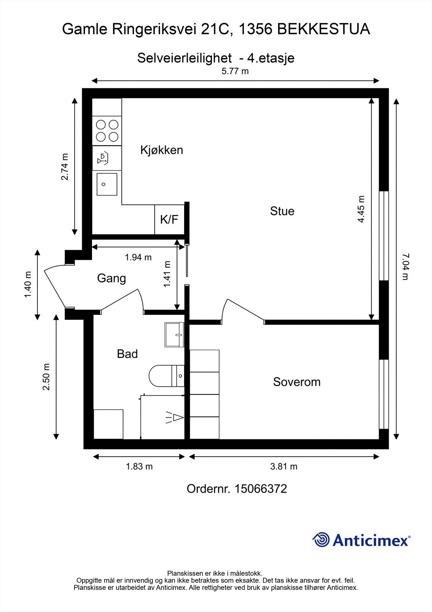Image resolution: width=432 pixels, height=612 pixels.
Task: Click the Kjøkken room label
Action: pyautogui.click(x=162, y=150)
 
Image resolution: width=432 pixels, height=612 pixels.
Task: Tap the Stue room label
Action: pyautogui.click(x=282, y=211)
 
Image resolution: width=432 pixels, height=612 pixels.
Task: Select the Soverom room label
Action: pyautogui.click(x=297, y=382)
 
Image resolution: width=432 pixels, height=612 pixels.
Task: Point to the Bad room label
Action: pyautogui.click(x=127, y=354)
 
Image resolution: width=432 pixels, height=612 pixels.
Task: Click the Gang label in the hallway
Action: pyautogui.click(x=112, y=279)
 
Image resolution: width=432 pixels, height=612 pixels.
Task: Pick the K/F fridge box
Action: pyautogui.click(x=170, y=220)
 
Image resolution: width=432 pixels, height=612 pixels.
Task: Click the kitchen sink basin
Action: pyautogui.click(x=107, y=184)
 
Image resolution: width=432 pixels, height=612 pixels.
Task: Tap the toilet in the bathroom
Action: pyautogui.click(x=167, y=376)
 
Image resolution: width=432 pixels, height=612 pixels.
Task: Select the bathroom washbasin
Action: pyautogui.click(x=175, y=335)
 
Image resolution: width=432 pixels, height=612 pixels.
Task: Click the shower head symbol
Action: pyautogui.click(x=175, y=417)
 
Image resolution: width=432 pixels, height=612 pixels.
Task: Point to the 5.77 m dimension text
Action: pyautogui.click(x=235, y=71)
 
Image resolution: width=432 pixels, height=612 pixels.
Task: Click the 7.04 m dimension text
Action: pyautogui.click(x=406, y=267)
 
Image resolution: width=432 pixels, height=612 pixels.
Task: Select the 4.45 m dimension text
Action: pyautogui.click(x=361, y=209)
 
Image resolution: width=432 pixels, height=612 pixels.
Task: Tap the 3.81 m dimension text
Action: pyautogui.click(x=284, y=466)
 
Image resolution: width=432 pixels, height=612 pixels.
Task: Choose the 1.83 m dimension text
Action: pyautogui.click(x=139, y=466)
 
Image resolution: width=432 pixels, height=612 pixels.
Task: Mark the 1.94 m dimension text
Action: pyautogui.click(x=138, y=257)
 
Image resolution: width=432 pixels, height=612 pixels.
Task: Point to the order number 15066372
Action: pyautogui.click(x=260, y=489)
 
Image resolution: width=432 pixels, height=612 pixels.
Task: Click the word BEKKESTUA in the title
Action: pyautogui.click(x=324, y=29)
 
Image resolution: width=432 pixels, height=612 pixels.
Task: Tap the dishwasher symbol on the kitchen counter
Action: pyautogui.click(x=103, y=159)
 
